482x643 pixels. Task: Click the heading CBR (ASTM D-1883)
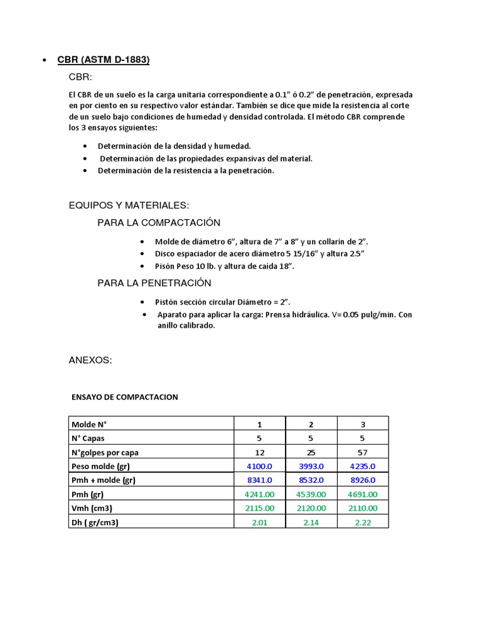tap(104, 60)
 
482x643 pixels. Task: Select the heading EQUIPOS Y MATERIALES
tap(129, 205)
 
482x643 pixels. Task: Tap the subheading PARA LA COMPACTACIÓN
tap(159, 223)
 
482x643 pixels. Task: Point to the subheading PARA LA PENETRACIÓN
tap(154, 283)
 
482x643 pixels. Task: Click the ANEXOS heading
tap(90, 360)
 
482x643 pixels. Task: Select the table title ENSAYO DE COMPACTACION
tap(125, 397)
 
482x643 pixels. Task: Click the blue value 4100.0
tap(259, 467)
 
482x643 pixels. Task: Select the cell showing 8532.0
tap(311, 480)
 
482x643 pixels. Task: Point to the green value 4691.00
tap(363, 494)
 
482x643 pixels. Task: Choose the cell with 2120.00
tap(311, 508)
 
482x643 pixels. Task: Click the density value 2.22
tap(363, 522)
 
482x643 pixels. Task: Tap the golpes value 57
tap(363, 452)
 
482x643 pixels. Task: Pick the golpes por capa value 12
tap(259, 452)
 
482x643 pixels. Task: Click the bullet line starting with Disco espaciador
tap(260, 254)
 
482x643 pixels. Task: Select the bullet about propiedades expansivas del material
tap(205, 158)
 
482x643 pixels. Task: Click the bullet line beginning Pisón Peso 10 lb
tap(225, 266)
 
